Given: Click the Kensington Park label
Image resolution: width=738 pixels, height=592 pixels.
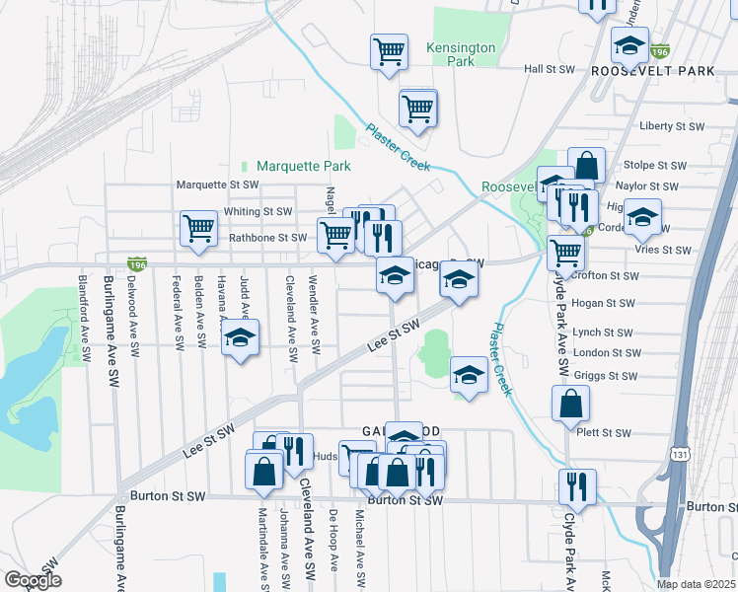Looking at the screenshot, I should (461, 54).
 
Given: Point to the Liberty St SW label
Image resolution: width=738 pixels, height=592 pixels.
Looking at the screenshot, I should (672, 126).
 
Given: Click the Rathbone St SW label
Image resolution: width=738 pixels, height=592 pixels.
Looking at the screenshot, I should (268, 238).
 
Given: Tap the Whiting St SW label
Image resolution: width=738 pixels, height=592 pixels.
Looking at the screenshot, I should (259, 211).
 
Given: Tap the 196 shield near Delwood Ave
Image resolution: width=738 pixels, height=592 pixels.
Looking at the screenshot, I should (137, 263).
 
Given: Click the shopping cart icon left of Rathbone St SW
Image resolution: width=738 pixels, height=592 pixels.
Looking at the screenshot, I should (198, 228).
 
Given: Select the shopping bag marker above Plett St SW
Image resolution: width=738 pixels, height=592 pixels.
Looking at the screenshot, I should (570, 403).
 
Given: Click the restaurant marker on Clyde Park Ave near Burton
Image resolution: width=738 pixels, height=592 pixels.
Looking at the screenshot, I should (576, 486).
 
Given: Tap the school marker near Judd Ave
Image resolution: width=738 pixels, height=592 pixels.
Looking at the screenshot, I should (239, 338).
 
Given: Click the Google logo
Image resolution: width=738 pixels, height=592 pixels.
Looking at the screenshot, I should (33, 580).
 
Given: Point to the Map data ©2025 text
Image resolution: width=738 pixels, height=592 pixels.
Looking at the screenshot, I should (697, 584).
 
